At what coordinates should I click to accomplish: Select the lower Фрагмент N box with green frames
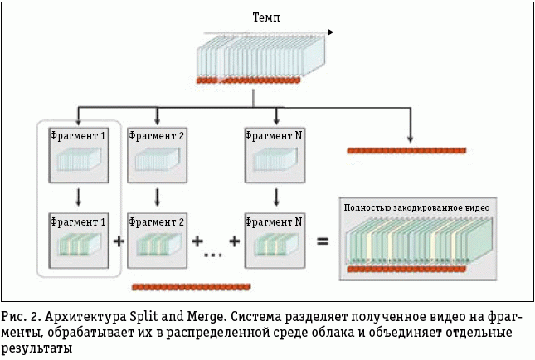click(275, 239)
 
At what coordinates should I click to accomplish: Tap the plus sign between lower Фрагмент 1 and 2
click(118, 241)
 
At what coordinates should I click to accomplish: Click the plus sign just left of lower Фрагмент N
click(235, 241)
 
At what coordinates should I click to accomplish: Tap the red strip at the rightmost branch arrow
click(406, 150)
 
